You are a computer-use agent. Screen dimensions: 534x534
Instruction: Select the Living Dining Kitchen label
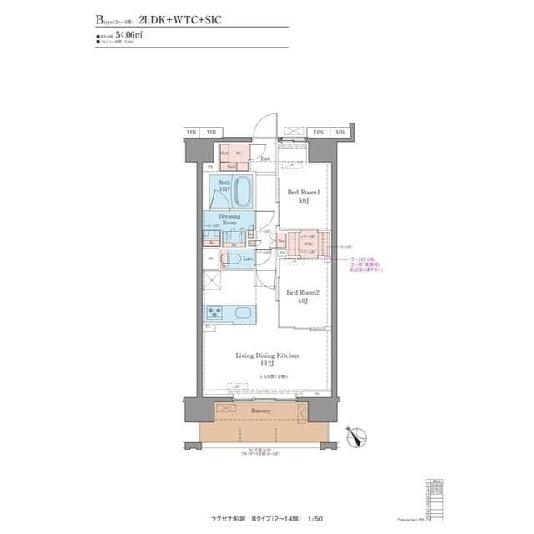[264, 355]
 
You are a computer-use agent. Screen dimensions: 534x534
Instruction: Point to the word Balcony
[260, 411]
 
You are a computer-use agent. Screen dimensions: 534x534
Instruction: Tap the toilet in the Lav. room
[234, 260]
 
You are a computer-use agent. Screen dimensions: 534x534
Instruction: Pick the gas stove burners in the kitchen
[214, 314]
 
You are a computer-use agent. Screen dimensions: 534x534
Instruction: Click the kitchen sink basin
[247, 314]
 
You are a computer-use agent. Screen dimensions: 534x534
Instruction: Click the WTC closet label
[308, 244]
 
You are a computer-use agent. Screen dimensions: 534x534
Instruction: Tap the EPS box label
[318, 133]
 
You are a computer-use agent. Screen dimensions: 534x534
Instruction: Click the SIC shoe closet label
[238, 154]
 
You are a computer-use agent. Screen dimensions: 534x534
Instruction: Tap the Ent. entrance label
[265, 159]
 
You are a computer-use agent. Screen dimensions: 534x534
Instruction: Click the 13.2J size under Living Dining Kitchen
[264, 365]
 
